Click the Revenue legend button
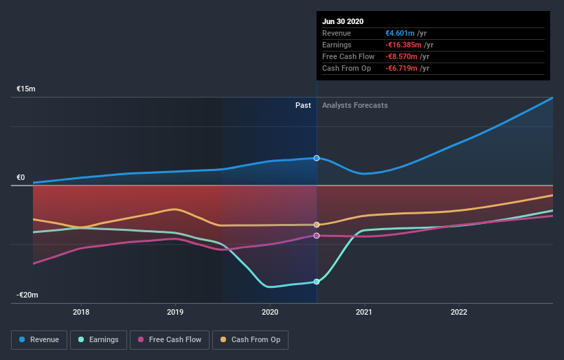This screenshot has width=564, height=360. point(39,339)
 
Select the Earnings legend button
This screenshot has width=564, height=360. point(98,339)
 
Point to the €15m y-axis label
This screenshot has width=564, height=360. point(26,89)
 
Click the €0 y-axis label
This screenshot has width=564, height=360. point(21,178)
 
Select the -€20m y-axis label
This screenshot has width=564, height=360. point(27,295)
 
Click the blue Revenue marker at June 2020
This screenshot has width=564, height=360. point(317,158)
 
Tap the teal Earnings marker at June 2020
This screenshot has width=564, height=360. point(317,282)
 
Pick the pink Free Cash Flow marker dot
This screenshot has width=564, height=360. point(317,236)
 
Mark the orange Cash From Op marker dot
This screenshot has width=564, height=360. point(317,225)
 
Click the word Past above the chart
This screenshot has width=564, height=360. point(303,106)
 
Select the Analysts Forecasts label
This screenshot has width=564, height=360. point(354,106)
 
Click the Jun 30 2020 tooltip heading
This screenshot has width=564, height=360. point(343,21)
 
